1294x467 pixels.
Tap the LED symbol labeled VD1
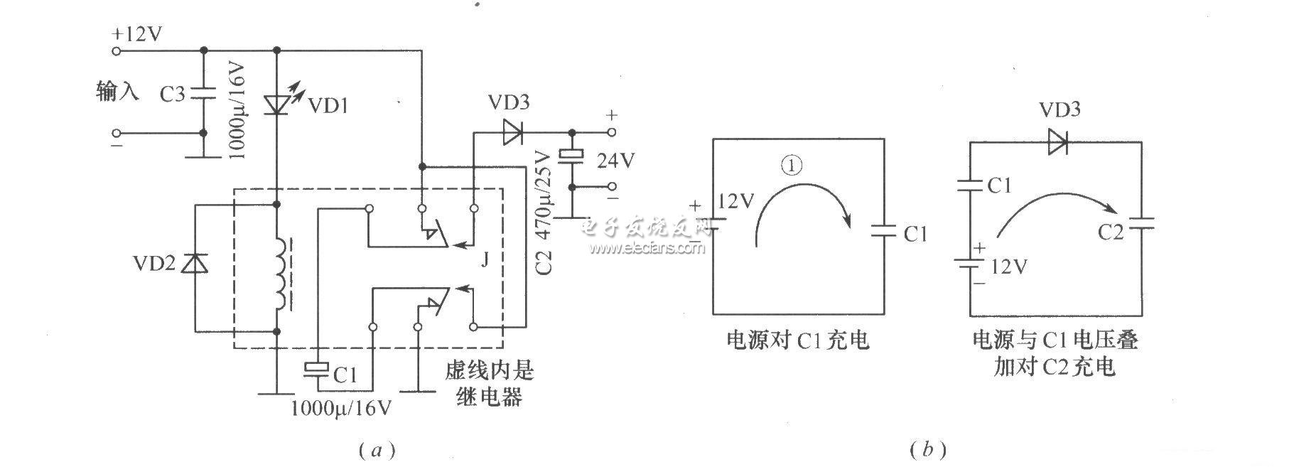277,104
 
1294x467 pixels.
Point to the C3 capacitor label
172,94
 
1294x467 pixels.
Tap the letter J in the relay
485,260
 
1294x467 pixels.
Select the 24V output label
615,161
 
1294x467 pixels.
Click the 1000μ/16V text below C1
341,408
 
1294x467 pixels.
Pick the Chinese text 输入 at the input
118,92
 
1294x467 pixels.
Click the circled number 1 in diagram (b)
791,166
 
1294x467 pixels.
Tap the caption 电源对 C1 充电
797,340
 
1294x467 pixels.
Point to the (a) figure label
378,449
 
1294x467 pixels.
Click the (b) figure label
927,449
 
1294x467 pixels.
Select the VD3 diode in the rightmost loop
1058,143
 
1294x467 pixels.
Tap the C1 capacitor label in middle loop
915,234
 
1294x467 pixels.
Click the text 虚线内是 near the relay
489,370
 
